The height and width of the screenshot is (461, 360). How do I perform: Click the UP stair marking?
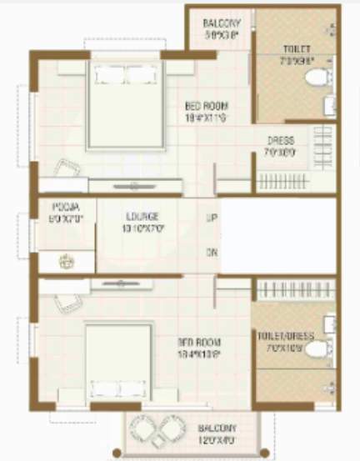point(212,219)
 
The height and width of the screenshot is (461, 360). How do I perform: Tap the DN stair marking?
point(212,252)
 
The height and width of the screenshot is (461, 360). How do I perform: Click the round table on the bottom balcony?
point(157,434)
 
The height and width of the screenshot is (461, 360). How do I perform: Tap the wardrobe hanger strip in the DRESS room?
point(280,179)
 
